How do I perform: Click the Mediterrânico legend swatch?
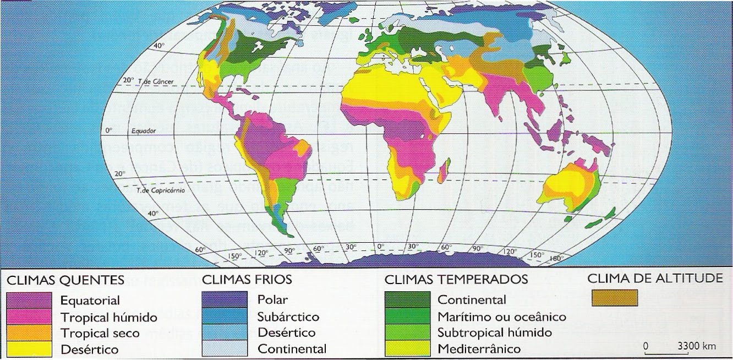click(407, 348)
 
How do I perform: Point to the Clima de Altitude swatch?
click(614, 298)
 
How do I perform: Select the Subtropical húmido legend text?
click(487, 333)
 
